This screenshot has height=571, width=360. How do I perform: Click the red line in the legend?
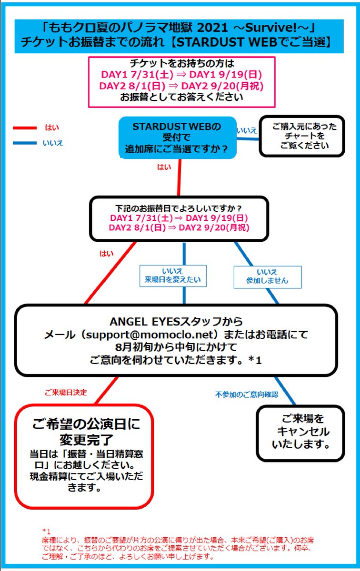[25, 128]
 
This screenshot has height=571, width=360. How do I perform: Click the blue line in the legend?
[25, 143]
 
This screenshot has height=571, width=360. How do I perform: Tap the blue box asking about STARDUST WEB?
[178, 138]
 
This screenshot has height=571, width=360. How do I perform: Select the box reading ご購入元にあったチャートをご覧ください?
[302, 136]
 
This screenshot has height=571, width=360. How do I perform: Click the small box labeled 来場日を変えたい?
[173, 276]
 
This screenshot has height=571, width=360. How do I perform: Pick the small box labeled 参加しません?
[268, 277]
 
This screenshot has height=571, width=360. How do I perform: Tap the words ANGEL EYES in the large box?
[145, 322]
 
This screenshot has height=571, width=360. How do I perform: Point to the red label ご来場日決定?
[66, 392]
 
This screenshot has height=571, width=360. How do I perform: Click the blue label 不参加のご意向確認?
[247, 394]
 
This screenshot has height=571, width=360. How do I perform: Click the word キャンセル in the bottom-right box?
[303, 432]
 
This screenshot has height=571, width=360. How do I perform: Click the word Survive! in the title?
[272, 28]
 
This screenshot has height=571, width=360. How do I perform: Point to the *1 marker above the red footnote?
[47, 531]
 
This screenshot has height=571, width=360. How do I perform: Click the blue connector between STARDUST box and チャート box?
[248, 138]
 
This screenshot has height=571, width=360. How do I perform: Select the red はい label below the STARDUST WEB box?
[164, 167]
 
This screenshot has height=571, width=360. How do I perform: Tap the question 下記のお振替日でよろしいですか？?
[179, 208]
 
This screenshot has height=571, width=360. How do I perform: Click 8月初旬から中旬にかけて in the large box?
[176, 347]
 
